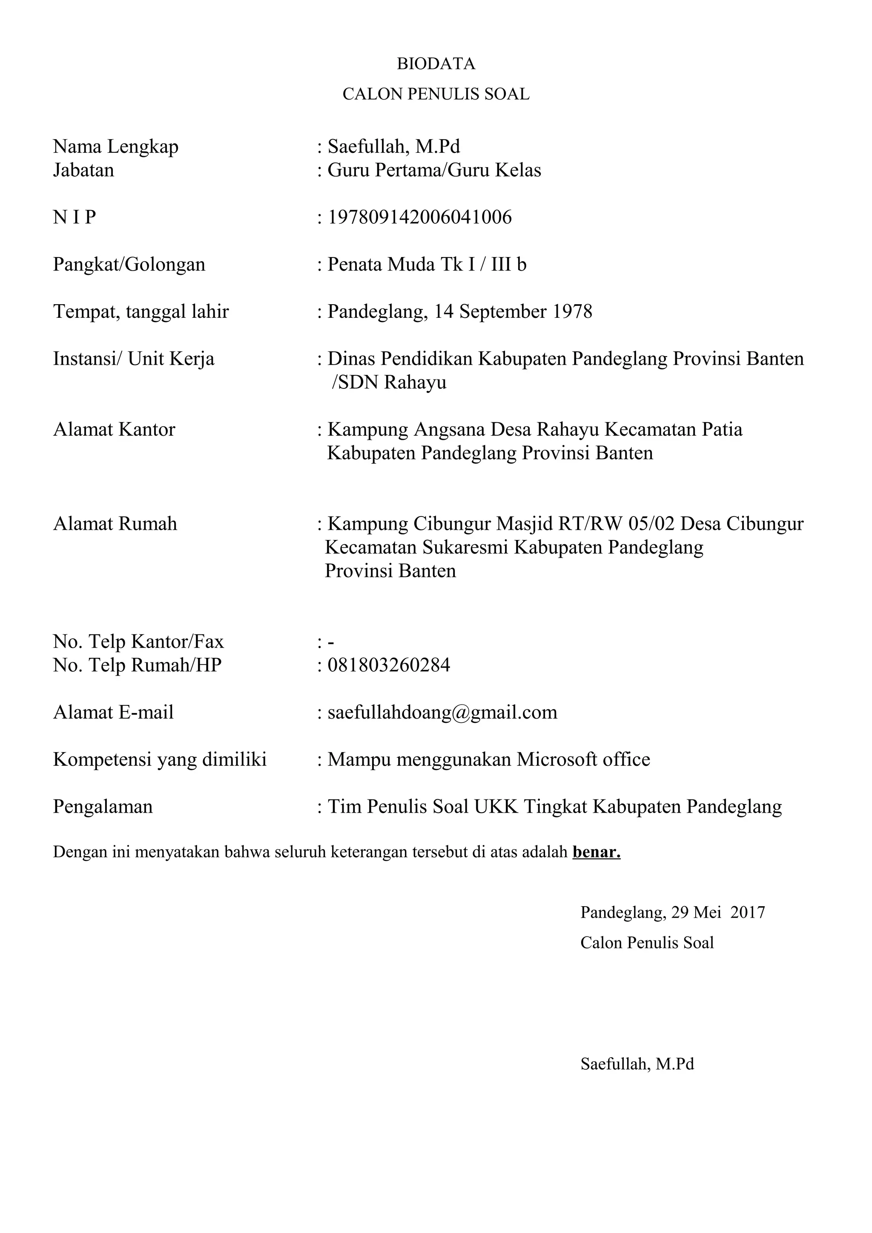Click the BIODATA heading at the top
click(x=436, y=64)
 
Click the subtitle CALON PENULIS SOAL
click(x=436, y=94)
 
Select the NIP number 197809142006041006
click(x=420, y=217)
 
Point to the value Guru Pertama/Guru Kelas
click(x=434, y=170)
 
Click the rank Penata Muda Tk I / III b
click(x=427, y=265)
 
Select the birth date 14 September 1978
click(x=513, y=311)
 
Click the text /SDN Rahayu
click(x=389, y=382)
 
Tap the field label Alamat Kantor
click(x=114, y=430)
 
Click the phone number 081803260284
click(x=389, y=665)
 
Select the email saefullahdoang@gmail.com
click(x=443, y=713)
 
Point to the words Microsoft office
click(x=583, y=760)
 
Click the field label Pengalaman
click(x=103, y=807)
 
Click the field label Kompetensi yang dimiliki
click(x=160, y=760)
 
